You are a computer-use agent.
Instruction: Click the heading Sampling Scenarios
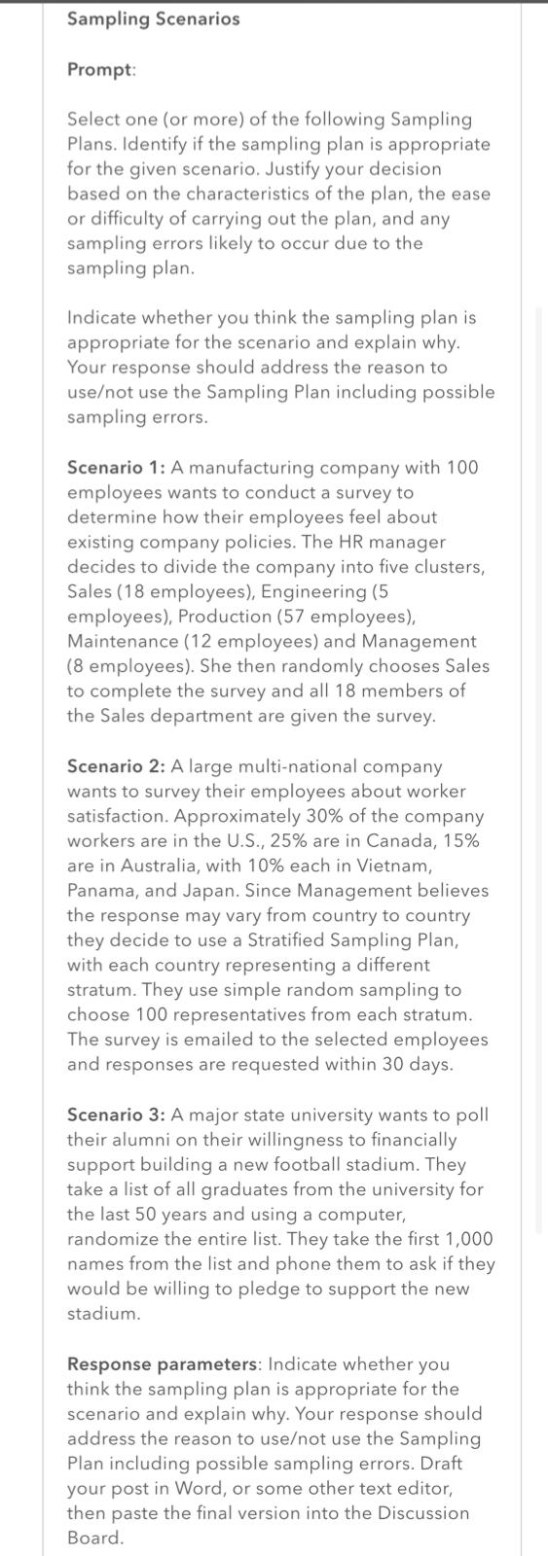[153, 18]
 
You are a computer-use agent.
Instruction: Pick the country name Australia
[141, 866]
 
